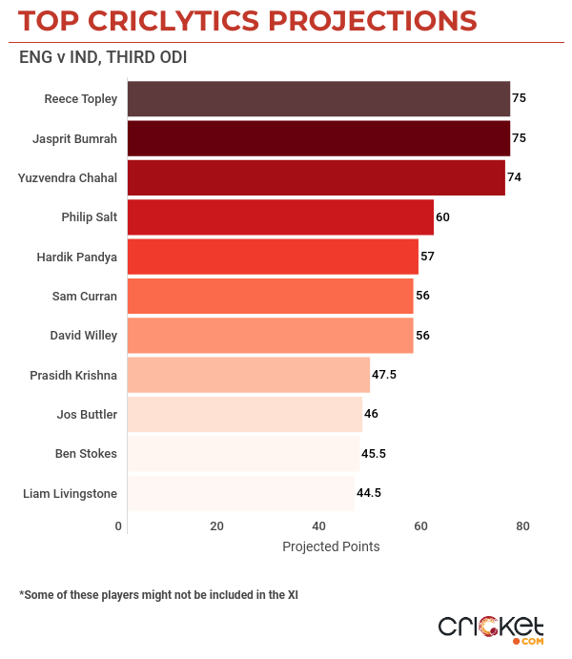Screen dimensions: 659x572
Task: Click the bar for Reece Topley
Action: click(318, 98)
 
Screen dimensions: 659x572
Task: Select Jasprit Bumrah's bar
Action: click(318, 138)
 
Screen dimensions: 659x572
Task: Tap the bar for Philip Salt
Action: click(280, 216)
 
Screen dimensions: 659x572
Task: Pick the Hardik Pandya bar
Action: click(273, 257)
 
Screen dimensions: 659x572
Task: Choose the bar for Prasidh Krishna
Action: click(248, 375)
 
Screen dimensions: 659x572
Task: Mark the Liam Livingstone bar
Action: click(240, 493)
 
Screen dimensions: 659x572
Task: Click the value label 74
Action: click(515, 177)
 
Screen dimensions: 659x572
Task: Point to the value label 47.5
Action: click(384, 375)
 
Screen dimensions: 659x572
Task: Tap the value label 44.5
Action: click(370, 493)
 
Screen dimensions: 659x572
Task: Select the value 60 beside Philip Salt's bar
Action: click(442, 216)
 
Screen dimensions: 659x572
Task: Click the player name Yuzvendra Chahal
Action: click(68, 177)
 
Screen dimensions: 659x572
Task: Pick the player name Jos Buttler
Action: click(88, 414)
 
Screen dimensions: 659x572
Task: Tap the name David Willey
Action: click(84, 336)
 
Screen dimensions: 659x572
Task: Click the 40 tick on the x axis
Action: click(318, 526)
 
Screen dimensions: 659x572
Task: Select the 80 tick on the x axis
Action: click(522, 526)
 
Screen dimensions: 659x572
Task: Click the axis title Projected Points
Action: click(331, 546)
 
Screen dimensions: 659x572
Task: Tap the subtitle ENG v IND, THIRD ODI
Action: click(103, 57)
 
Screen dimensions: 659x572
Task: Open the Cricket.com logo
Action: click(491, 628)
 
